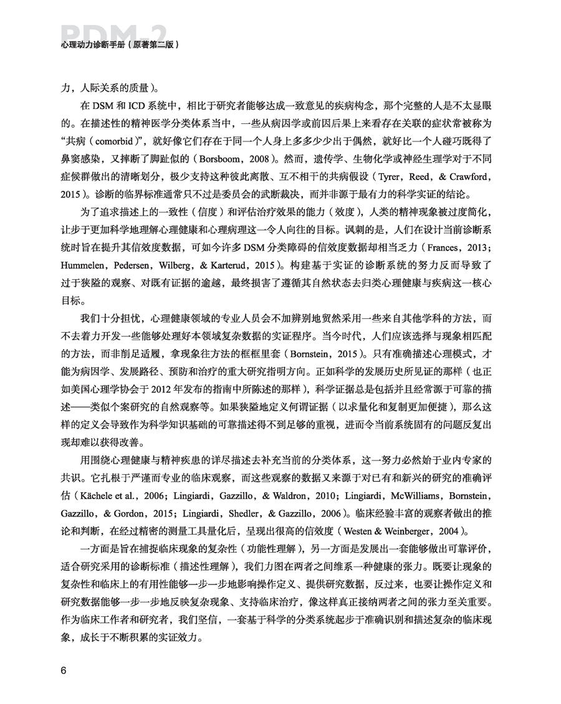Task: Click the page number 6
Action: click(64, 670)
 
